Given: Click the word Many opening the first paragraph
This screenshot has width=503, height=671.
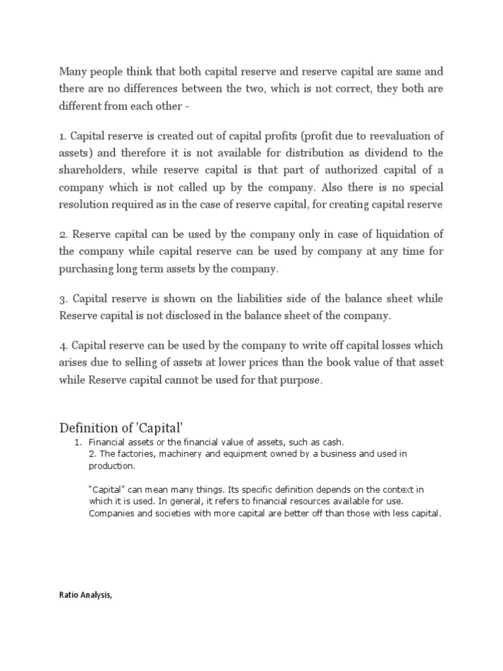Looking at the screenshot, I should coord(73,71).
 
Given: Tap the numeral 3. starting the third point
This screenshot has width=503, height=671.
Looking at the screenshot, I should coord(64,299).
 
